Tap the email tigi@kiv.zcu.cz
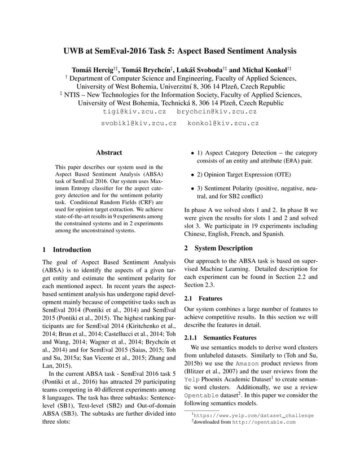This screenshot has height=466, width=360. pos(133,112)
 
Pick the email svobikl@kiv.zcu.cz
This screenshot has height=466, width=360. pos(139,122)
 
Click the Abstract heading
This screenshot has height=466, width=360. pos(109,152)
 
